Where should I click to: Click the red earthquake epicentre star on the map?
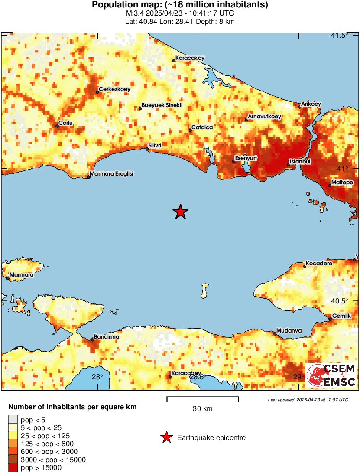pyautogui.click(x=181, y=212)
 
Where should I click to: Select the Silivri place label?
pyautogui.click(x=155, y=145)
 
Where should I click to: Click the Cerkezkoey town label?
pyautogui.click(x=114, y=89)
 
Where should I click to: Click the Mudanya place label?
pyautogui.click(x=289, y=330)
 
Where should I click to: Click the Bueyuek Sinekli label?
pyautogui.click(x=162, y=105)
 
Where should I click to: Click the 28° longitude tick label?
pyautogui.click(x=97, y=377)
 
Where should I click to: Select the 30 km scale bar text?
pyautogui.click(x=202, y=409)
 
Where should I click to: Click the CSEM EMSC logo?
pyautogui.click(x=331, y=375)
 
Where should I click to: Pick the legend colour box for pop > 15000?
pyautogui.click(x=13, y=467)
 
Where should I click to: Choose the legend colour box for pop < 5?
pyautogui.click(x=13, y=419)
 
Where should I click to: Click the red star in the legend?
pyautogui.click(x=166, y=438)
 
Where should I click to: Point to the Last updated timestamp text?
pyautogui.click(x=308, y=400)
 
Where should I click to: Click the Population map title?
pyautogui.click(x=180, y=5)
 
